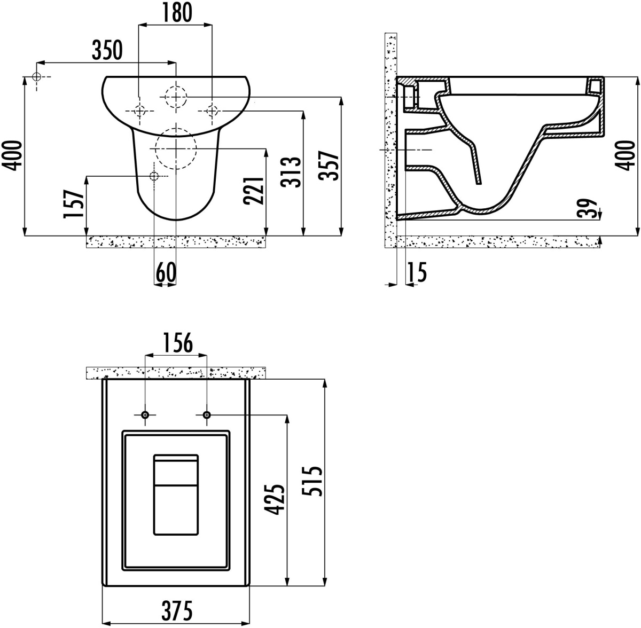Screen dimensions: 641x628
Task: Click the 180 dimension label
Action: [x=177, y=12]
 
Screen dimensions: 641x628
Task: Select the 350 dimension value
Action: [x=107, y=50]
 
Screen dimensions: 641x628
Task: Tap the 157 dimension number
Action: [x=74, y=204]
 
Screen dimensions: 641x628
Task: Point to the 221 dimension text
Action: [x=254, y=191]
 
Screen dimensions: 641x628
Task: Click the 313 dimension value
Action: [x=291, y=172]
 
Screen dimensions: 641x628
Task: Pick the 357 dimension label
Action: [x=329, y=166]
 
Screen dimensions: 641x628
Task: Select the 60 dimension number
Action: [x=166, y=272]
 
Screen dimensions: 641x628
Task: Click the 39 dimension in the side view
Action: [x=586, y=208]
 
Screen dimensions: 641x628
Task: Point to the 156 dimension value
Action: [x=178, y=343]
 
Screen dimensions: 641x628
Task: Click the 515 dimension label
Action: [x=312, y=481]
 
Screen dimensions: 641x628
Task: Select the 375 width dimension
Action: [x=177, y=610]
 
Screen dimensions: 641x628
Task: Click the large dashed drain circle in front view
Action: [x=176, y=148]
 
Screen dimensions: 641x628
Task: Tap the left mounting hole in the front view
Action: [x=140, y=111]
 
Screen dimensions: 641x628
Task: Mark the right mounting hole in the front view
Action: [x=212, y=111]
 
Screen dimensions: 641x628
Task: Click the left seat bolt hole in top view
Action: [x=145, y=415]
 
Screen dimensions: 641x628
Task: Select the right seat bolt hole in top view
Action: [x=207, y=415]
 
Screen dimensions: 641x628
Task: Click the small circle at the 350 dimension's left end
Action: [x=37, y=77]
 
